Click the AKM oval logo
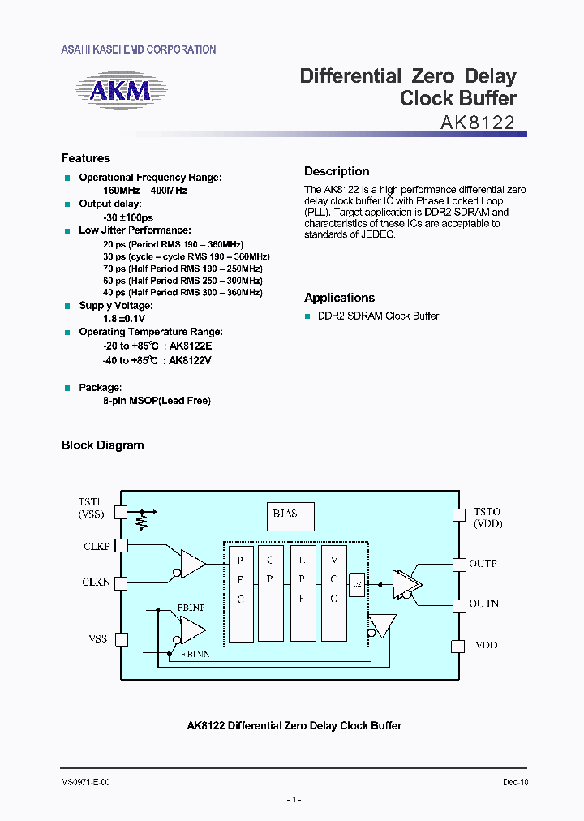tap(119, 90)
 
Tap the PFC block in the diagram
tap(240, 593)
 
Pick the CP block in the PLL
tap(272, 593)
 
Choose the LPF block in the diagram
tap(303, 593)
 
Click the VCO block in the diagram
tap(334, 593)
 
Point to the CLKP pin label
tap(97, 547)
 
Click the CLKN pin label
tap(97, 582)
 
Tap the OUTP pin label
tap(483, 563)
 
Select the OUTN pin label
tap(484, 604)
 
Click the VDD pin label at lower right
tap(487, 646)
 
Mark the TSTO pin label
tap(487, 513)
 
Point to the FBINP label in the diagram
tap(191, 606)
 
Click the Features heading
tap(86, 158)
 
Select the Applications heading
tap(339, 298)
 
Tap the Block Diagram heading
tap(103, 445)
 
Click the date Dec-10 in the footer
tap(515, 783)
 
